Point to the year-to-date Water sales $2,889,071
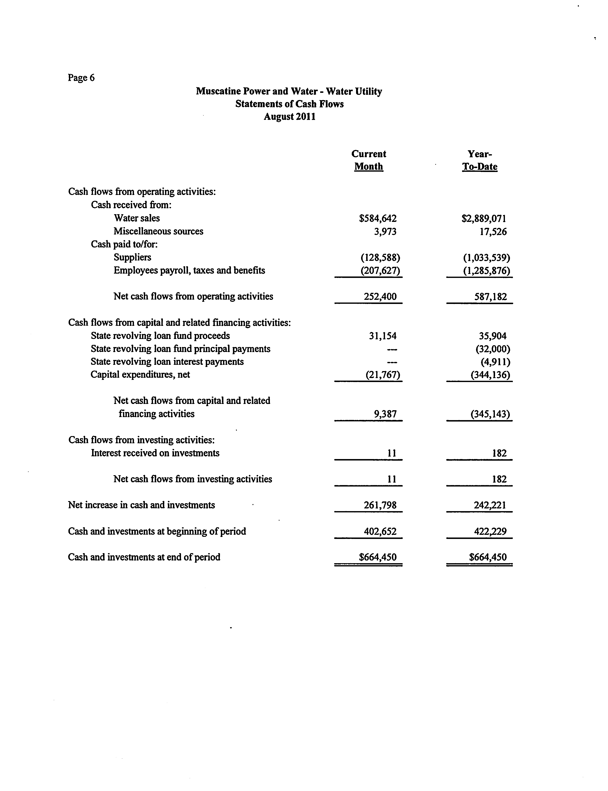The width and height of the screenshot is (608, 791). [x=484, y=218]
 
